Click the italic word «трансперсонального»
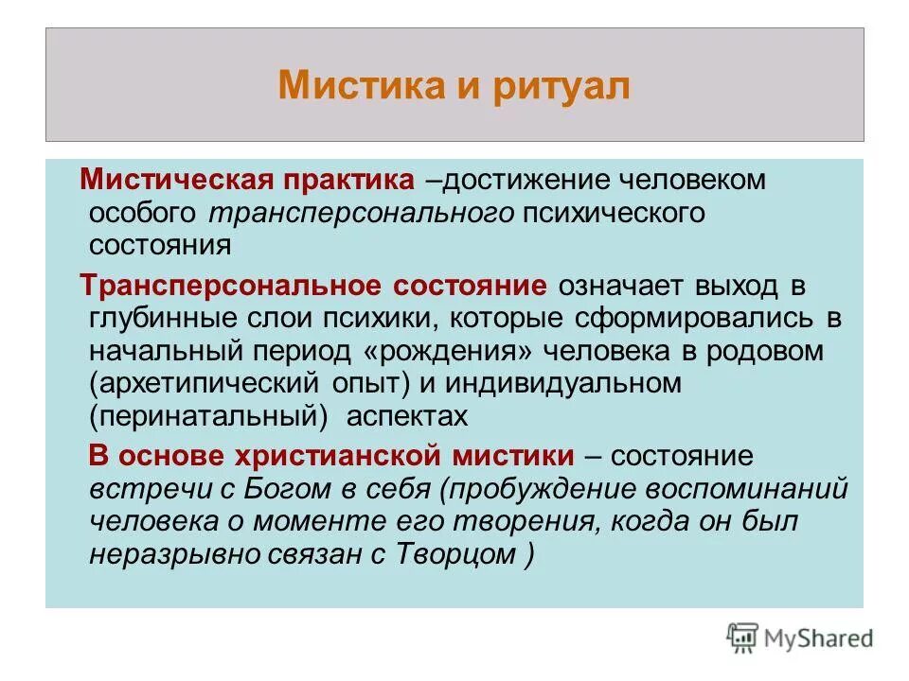point(361,212)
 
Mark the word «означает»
point(616,286)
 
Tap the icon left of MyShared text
point(743,637)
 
